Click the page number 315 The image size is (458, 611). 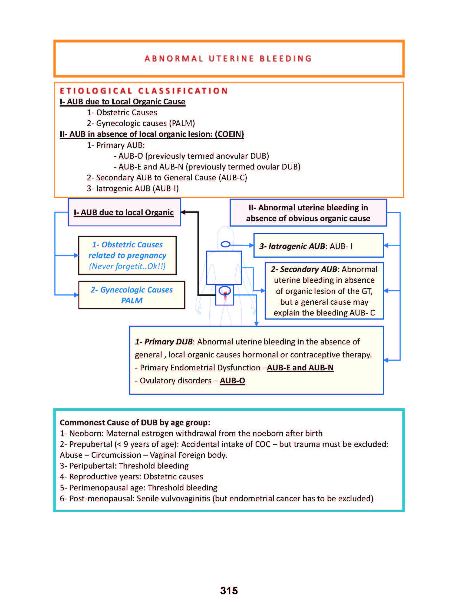click(x=229, y=590)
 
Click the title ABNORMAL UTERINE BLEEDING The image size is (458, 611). click(x=228, y=59)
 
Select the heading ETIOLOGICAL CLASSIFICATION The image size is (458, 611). click(x=144, y=91)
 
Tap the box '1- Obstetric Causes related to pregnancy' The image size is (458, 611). click(x=127, y=255)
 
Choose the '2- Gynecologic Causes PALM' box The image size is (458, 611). click(x=131, y=295)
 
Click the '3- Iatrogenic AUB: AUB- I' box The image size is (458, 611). click(x=318, y=245)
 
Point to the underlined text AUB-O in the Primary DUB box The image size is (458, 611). click(x=232, y=381)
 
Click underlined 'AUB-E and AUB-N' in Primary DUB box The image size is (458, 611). click(x=300, y=368)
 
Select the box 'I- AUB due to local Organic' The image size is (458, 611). click(x=124, y=212)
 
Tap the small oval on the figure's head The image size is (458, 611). click(x=226, y=244)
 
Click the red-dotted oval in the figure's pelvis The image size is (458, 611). click(x=225, y=291)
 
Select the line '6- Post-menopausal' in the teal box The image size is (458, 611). click(x=216, y=498)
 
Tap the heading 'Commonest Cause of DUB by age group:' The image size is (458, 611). click(x=135, y=422)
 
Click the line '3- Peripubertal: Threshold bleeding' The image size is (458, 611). click(x=124, y=466)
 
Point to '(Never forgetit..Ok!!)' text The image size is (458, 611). click(x=127, y=266)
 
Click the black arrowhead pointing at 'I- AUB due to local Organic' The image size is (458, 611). click(x=183, y=212)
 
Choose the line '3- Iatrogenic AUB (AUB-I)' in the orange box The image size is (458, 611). click(x=133, y=188)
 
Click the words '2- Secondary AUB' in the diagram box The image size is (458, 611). click(x=304, y=269)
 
